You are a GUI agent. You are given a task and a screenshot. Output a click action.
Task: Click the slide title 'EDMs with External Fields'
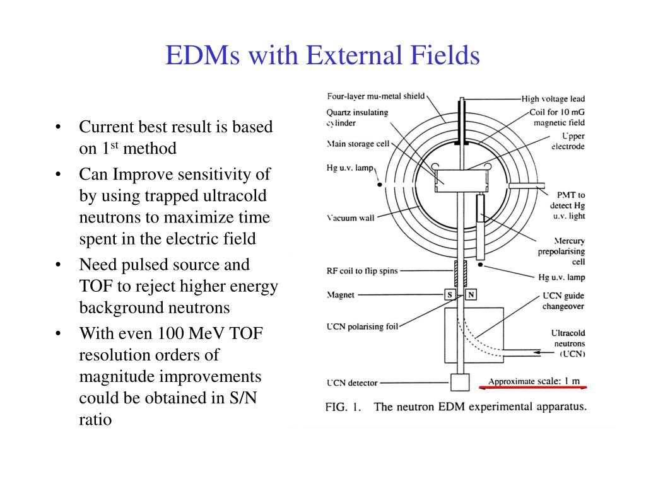[x=322, y=56]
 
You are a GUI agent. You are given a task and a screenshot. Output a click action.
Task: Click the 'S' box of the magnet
[x=450, y=295]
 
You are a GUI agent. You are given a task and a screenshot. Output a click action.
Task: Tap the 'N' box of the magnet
[x=471, y=295]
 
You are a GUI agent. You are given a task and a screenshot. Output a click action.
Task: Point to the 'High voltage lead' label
[x=553, y=99]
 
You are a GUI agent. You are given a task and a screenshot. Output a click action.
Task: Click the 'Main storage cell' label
[x=358, y=144]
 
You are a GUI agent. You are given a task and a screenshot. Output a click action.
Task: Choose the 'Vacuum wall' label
[x=351, y=218]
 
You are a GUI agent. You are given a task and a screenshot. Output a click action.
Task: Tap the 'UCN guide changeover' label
[x=563, y=301]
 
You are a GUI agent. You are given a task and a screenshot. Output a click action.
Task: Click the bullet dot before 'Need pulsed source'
[x=58, y=265]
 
